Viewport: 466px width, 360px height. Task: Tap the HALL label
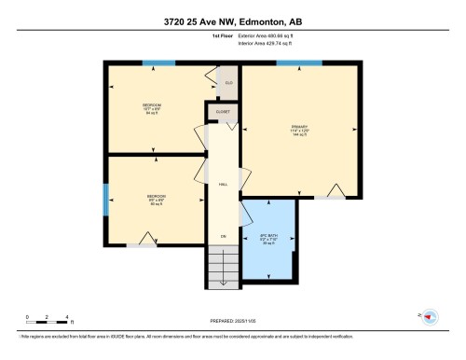click(224, 186)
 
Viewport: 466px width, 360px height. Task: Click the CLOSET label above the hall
click(224, 111)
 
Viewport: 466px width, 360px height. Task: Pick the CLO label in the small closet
click(228, 84)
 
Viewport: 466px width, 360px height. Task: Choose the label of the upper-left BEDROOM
click(152, 105)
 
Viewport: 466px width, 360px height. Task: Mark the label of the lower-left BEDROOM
click(153, 200)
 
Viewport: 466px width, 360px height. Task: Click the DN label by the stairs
click(223, 237)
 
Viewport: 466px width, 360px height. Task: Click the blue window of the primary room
click(294, 63)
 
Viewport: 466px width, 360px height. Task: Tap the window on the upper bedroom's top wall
click(158, 63)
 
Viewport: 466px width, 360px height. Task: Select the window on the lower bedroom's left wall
click(105, 199)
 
